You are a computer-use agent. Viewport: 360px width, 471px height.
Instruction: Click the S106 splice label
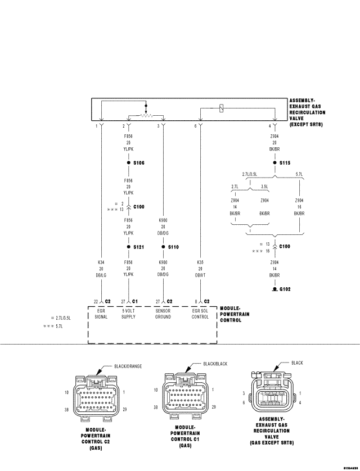pyautogui.click(x=139, y=162)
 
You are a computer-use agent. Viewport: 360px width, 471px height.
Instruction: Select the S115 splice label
pyautogui.click(x=285, y=162)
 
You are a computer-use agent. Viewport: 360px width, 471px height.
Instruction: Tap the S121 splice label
pyautogui.click(x=139, y=247)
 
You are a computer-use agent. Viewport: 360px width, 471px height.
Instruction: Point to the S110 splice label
pyautogui.click(x=173, y=247)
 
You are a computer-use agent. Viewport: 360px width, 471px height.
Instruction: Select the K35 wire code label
pyautogui.click(x=200, y=262)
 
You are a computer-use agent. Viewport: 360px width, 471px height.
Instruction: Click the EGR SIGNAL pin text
pyautogui.click(x=101, y=314)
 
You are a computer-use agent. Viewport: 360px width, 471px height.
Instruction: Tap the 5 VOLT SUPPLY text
pyautogui.click(x=129, y=314)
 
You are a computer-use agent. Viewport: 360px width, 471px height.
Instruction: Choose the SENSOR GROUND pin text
pyautogui.click(x=163, y=314)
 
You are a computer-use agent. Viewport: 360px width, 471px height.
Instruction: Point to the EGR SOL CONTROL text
pyautogui.click(x=200, y=314)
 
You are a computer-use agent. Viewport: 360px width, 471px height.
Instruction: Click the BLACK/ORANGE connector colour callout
pyautogui.click(x=128, y=366)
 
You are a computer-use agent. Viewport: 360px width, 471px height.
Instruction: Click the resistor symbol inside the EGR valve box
pyautogui.click(x=146, y=116)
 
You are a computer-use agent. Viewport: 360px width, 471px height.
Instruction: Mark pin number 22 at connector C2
pyautogui.click(x=96, y=301)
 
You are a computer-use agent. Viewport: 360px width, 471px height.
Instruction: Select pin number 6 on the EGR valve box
pyautogui.click(x=196, y=126)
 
